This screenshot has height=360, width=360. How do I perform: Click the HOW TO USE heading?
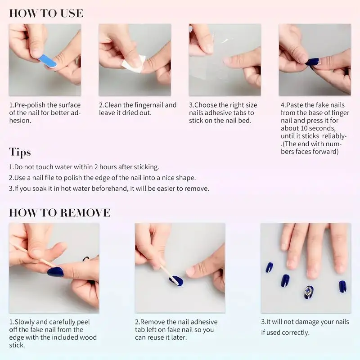(x=46, y=13)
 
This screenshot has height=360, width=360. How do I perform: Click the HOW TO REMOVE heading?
(x=59, y=212)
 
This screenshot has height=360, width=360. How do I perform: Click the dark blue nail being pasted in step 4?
(x=313, y=62)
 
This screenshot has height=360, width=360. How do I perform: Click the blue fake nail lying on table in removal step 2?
(x=175, y=281)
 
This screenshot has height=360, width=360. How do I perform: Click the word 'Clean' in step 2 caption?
(x=114, y=105)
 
